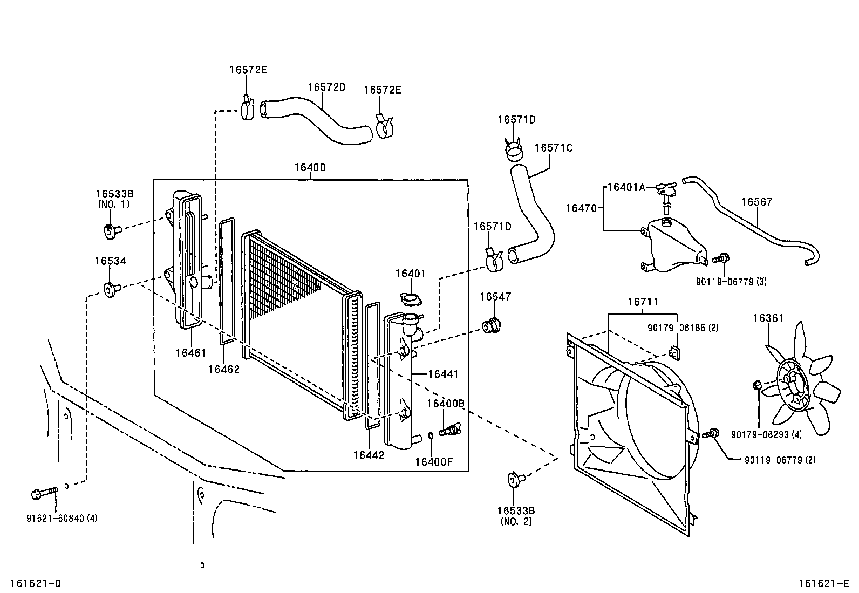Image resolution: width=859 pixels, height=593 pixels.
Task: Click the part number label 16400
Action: (310, 167)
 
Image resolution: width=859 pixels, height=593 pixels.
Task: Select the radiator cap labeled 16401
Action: (412, 298)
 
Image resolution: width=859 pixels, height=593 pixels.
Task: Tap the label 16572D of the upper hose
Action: (326, 87)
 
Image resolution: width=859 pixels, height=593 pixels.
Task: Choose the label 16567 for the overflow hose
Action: (756, 202)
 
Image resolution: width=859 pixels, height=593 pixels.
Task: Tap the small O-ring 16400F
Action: (431, 436)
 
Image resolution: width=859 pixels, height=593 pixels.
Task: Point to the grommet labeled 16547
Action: (492, 326)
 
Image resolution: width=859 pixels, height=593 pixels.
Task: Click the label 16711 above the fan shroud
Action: (643, 303)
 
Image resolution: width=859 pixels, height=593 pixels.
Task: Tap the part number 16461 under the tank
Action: (190, 353)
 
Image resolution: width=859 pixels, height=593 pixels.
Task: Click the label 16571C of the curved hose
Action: (553, 147)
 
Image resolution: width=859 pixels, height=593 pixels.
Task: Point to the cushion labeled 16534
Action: (111, 290)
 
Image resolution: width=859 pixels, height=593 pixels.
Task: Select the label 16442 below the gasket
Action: (369, 455)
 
